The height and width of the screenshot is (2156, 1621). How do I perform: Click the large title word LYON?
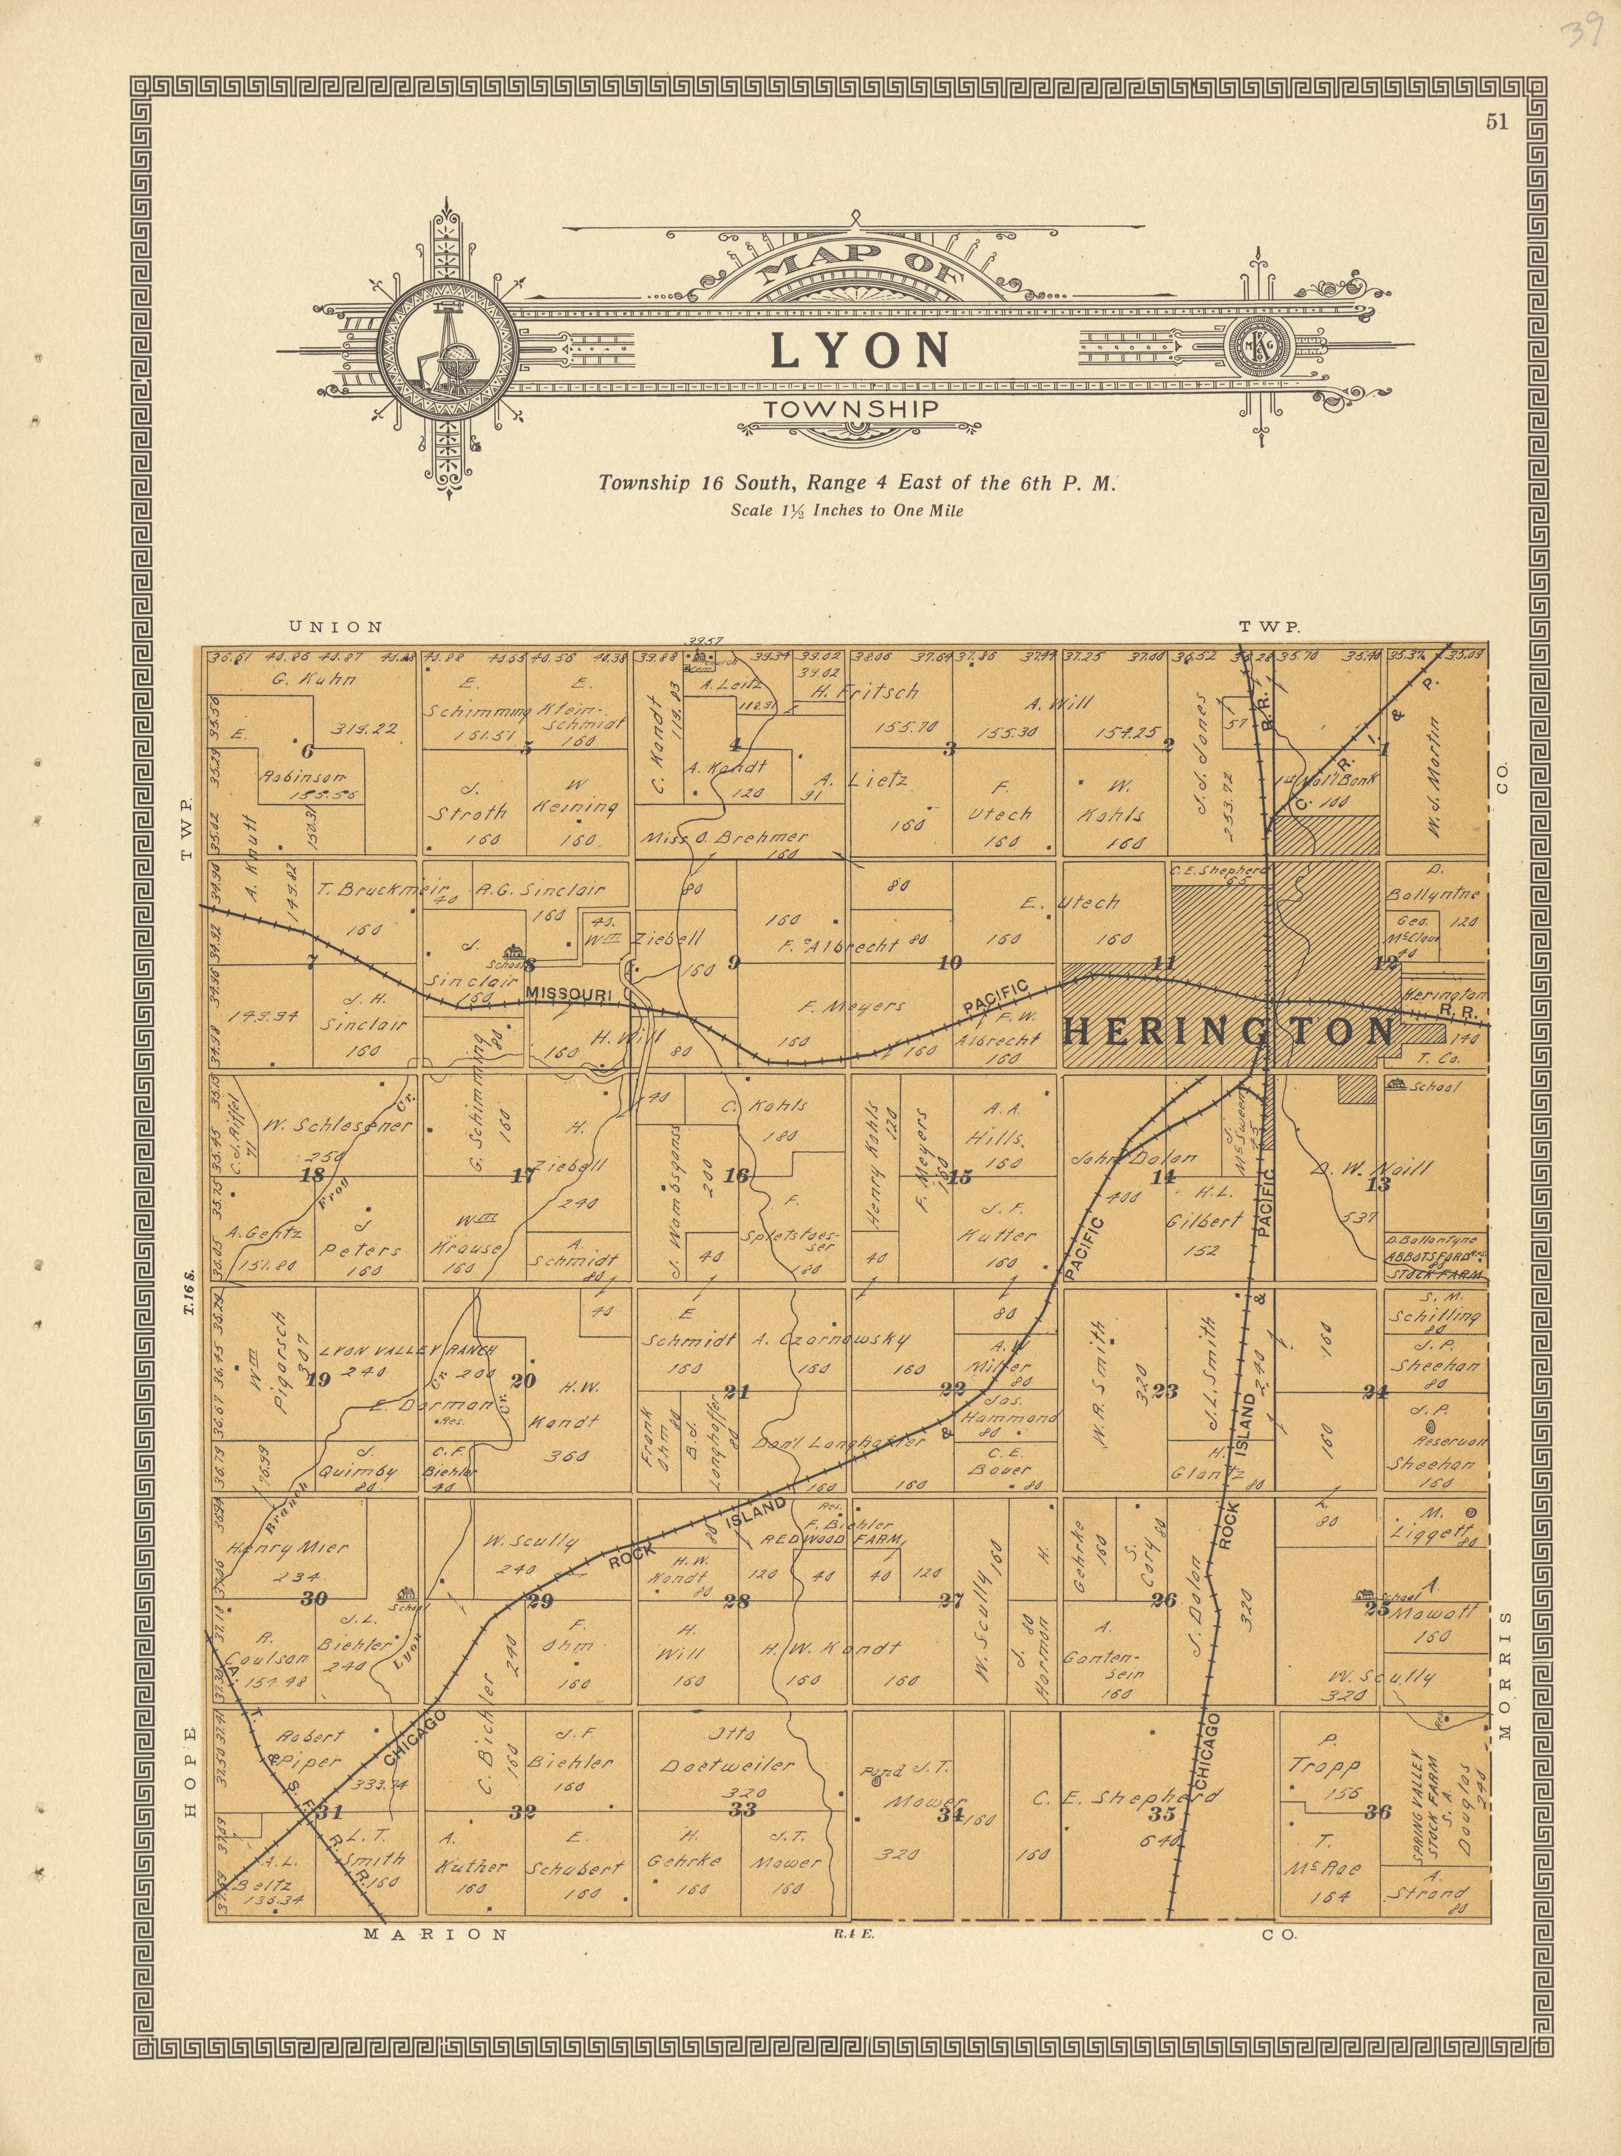click(x=861, y=351)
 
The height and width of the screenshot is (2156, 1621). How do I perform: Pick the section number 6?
click(x=309, y=750)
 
